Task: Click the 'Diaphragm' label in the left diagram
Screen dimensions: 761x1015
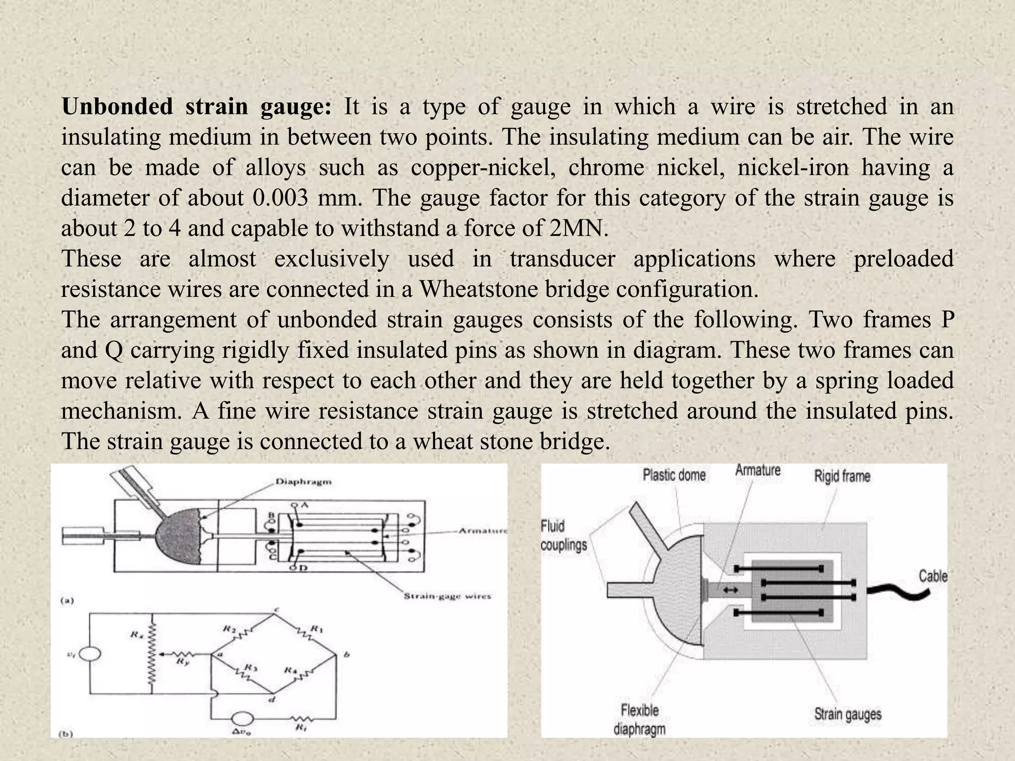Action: click(303, 482)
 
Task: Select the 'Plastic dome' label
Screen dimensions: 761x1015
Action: click(674, 475)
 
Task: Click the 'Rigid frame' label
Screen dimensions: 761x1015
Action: click(842, 476)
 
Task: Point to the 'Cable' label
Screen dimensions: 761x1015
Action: click(933, 576)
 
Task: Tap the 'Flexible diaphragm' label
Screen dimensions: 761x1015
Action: click(639, 719)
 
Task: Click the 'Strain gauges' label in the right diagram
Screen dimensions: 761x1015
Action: click(847, 714)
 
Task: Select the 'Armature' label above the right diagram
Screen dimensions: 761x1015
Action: click(758, 470)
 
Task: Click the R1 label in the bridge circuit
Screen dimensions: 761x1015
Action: click(316, 629)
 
